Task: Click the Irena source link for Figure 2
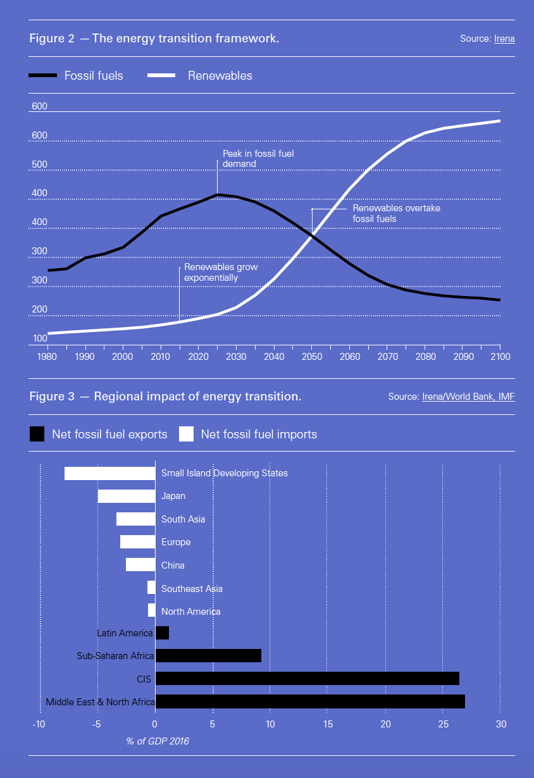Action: coord(504,39)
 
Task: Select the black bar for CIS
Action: coord(307,679)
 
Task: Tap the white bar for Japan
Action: coord(127,497)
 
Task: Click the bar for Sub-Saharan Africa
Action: coord(208,656)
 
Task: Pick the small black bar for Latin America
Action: coord(162,633)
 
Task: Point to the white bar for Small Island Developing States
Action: coord(110,473)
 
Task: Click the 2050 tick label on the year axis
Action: coord(312,357)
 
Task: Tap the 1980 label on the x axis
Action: coord(48,357)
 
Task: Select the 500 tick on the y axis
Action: coord(39,165)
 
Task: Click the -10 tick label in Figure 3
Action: coord(39,724)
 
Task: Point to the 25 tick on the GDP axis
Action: coord(443,724)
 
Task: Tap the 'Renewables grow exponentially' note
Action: coord(221,273)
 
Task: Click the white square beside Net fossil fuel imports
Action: coord(186,434)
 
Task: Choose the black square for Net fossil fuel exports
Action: coord(37,434)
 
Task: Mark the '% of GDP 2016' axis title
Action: coord(158,741)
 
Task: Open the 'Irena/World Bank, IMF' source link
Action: coord(468,397)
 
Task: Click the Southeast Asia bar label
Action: coord(192,589)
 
